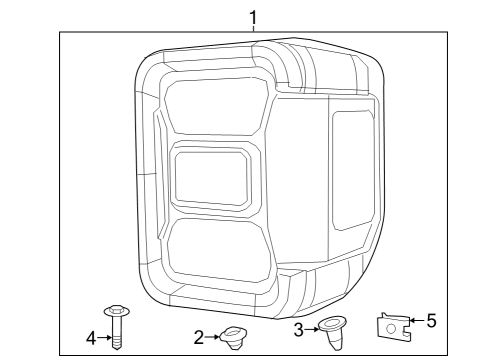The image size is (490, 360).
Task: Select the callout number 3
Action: tap(298, 329)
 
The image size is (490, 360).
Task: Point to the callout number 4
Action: tap(91, 339)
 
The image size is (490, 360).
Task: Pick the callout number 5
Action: tap(432, 322)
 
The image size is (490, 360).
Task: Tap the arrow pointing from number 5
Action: tap(416, 323)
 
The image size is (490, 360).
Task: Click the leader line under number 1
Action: tap(253, 30)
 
